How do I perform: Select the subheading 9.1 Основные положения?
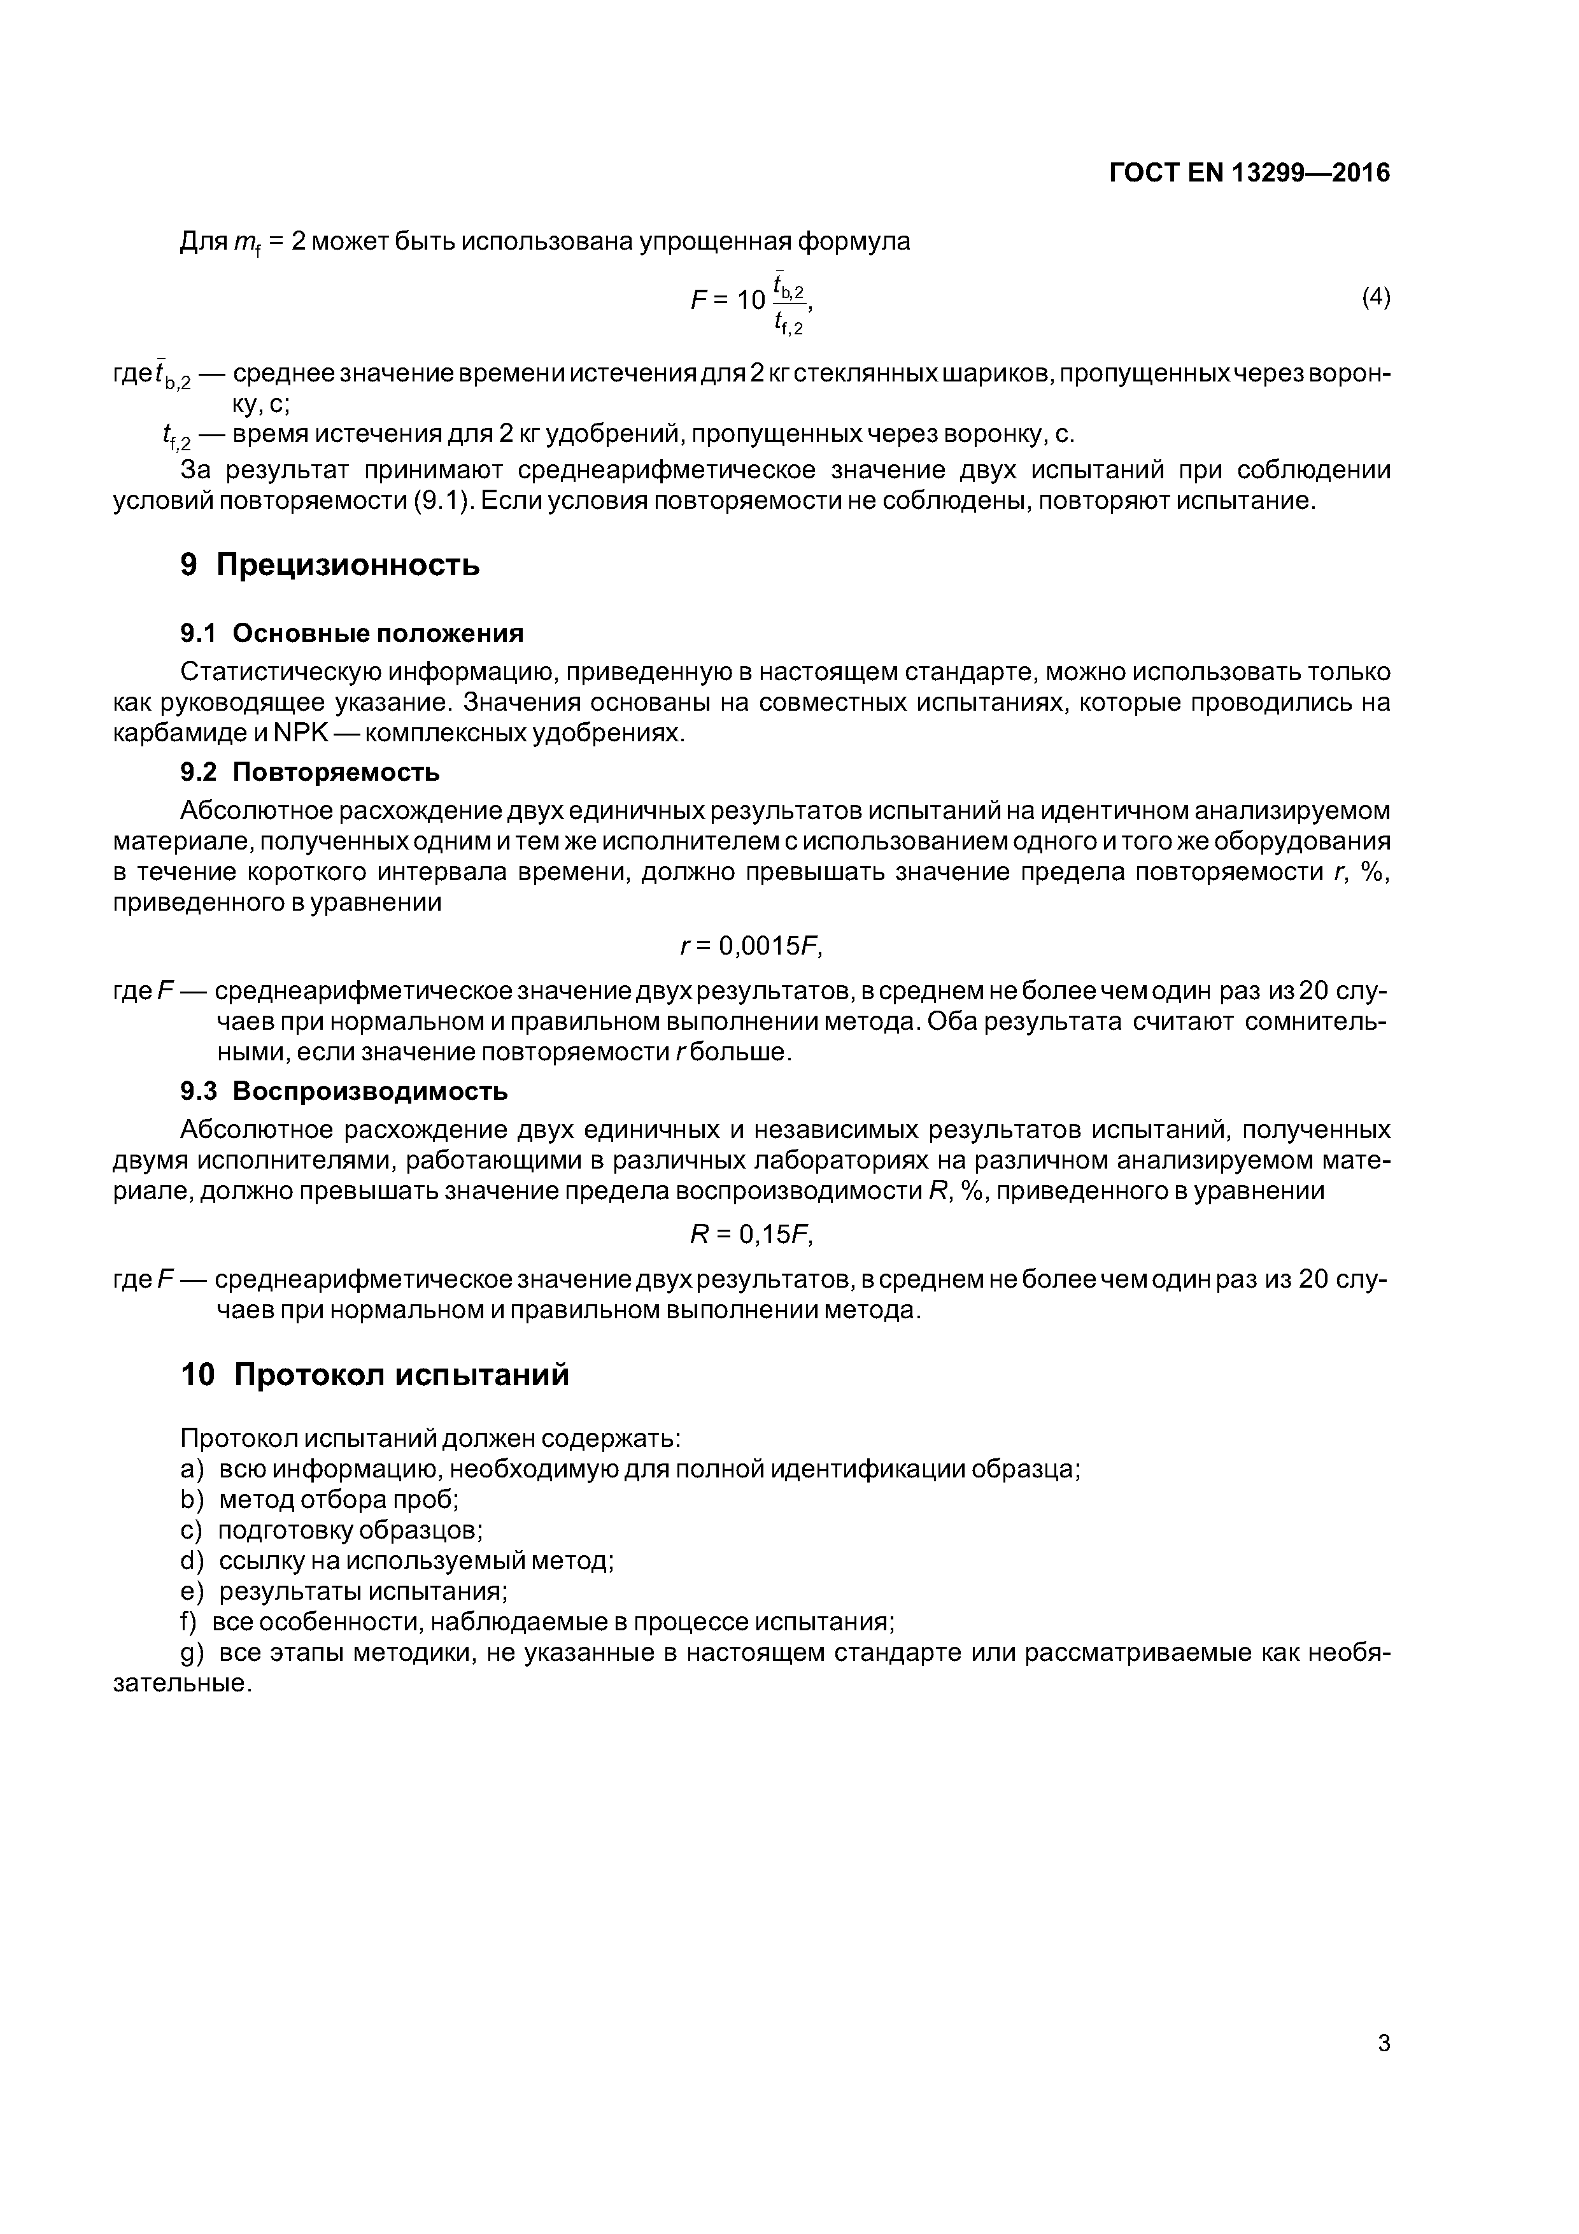pyautogui.click(x=351, y=634)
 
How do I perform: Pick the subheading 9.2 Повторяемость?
pyautogui.click(x=309, y=772)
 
